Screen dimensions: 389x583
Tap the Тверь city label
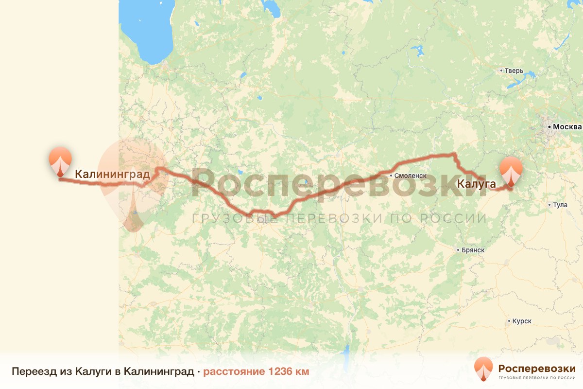tap(514, 71)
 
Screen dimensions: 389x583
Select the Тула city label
tap(560, 205)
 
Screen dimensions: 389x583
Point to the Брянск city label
tap(474, 250)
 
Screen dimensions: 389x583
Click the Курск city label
tap(522, 321)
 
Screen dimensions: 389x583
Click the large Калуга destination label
tap(476, 184)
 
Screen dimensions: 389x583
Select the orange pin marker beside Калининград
tap(60, 161)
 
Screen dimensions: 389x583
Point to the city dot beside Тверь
tap(501, 71)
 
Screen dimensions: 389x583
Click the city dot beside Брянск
tap(458, 250)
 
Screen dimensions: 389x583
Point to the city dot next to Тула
tap(549, 205)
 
